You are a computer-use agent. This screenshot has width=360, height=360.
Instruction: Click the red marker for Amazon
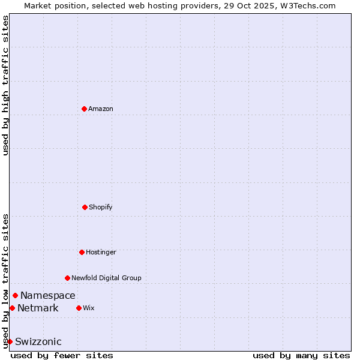pos(84,109)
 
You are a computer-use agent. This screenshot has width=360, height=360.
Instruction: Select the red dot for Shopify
pos(85,207)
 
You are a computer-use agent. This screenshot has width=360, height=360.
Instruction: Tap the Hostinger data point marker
pos(82,252)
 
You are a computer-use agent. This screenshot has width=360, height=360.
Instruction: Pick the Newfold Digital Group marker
pos(67,278)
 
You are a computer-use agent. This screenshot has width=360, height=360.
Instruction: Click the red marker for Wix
pos(79,308)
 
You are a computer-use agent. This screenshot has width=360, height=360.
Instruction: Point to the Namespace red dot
pos(15,295)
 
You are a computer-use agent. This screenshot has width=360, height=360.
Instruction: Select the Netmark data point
pos(12,308)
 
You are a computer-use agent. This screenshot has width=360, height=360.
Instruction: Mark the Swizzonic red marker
pos(10,341)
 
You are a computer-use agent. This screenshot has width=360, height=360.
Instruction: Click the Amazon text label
pos(101,109)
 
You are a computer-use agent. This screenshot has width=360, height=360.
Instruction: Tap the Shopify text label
pos(101,207)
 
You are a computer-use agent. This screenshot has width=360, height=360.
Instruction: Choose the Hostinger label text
pos(101,252)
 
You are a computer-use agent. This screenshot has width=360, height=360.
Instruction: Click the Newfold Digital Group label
pos(107,278)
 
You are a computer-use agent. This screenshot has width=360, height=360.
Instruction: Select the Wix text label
pos(89,308)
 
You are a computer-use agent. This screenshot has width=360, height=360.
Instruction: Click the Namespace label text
pos(48,295)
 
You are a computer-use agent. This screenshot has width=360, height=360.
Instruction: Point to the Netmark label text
pos(38,308)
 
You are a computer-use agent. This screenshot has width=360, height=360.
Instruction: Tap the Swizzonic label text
pos(38,341)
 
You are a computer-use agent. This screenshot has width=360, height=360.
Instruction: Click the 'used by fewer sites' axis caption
pos(62,355)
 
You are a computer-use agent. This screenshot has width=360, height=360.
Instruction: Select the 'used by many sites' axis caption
pos(301,355)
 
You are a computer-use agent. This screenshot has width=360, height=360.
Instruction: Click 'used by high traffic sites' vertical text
pos(5,85)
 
